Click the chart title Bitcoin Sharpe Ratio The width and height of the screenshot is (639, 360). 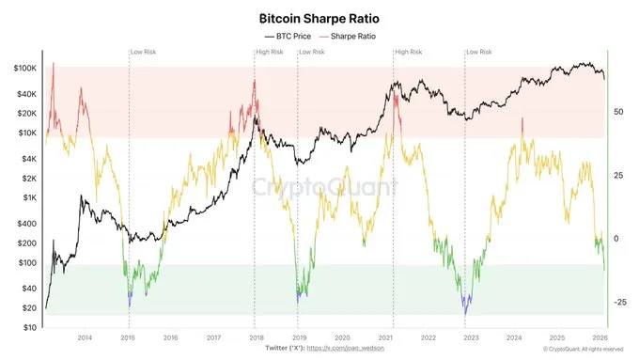click(319, 18)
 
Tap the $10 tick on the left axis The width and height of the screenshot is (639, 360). click(28, 328)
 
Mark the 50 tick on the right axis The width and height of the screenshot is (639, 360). click(616, 112)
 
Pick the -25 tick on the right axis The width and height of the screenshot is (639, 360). click(618, 303)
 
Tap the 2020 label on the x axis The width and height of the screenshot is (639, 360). click(342, 337)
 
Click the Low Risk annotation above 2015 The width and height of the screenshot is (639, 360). click(143, 51)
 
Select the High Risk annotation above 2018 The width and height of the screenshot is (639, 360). click(270, 51)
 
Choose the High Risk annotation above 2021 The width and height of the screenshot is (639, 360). click(409, 51)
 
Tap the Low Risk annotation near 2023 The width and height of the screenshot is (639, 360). click(479, 51)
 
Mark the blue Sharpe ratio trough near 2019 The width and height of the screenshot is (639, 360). click(299, 295)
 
